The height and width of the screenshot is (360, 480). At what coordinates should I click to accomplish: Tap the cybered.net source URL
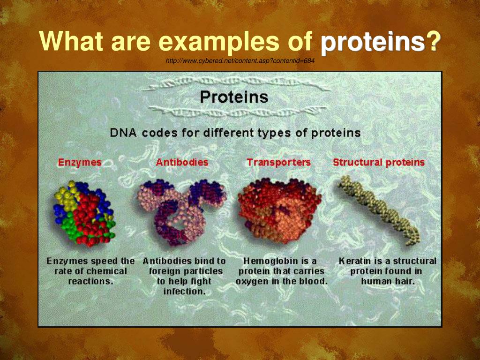[x=240, y=60]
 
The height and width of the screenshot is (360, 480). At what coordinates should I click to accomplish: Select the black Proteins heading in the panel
[x=234, y=97]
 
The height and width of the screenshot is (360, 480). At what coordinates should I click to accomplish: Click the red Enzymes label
[x=80, y=162]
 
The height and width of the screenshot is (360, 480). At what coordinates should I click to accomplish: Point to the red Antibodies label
[x=182, y=162]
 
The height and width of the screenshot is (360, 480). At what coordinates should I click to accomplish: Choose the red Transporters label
[x=278, y=162]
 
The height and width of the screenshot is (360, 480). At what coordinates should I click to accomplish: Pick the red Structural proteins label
[x=379, y=162]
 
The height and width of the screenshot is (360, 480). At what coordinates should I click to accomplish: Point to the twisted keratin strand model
[x=379, y=210]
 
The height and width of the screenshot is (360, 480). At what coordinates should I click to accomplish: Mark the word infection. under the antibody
[x=184, y=291]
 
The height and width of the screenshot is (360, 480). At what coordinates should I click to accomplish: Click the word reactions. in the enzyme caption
[x=90, y=281]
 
